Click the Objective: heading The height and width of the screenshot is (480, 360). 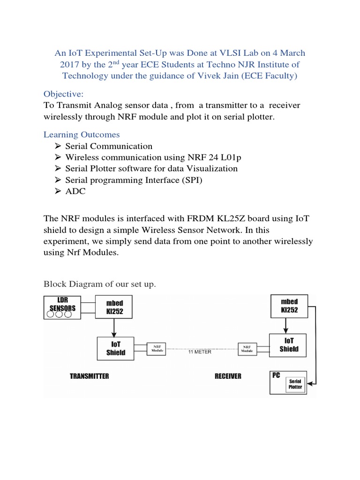63,94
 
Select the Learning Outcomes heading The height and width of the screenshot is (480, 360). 82,135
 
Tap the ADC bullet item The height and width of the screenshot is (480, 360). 75,191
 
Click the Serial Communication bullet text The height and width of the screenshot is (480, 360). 109,146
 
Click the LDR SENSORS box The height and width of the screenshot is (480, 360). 62,307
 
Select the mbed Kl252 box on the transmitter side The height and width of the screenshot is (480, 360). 114,307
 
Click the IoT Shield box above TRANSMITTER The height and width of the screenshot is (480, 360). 115,348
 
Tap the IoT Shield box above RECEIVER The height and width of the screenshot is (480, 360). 289,345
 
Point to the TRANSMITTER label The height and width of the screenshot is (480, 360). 89,376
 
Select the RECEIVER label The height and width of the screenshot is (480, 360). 228,376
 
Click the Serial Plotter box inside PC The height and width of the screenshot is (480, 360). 295,384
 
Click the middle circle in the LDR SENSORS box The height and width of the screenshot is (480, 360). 59,314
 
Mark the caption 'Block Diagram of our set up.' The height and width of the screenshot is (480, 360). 99,284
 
